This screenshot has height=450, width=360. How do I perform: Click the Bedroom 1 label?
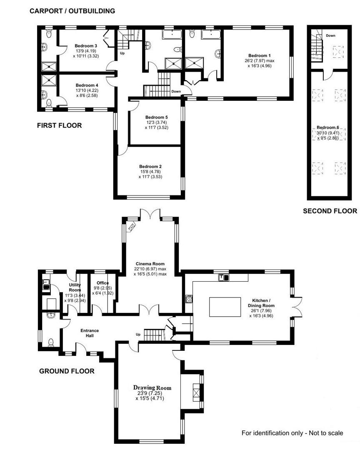[x=260, y=55]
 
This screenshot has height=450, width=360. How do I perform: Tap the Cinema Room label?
[x=150, y=264]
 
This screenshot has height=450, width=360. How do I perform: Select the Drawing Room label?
[x=152, y=388]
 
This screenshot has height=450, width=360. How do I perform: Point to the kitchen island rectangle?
[x=225, y=307]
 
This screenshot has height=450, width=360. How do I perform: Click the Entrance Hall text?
[x=90, y=333]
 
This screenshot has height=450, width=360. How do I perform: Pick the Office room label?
[x=103, y=282]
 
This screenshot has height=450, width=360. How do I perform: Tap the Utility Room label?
[x=75, y=287]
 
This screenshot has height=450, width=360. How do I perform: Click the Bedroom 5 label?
[x=157, y=117]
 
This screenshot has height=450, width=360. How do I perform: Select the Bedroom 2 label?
[x=150, y=166]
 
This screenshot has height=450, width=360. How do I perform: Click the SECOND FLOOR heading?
[x=330, y=211]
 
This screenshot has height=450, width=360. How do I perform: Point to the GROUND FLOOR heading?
[x=67, y=371]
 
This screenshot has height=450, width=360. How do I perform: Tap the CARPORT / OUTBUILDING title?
[x=72, y=11]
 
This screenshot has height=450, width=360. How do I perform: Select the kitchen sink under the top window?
[x=224, y=277]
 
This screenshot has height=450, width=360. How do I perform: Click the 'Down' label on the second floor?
[x=330, y=35]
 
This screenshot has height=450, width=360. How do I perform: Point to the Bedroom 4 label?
[x=87, y=85]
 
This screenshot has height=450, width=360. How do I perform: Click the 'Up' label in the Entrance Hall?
[x=138, y=334]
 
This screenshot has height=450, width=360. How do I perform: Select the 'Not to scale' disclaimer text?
[x=326, y=433]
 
